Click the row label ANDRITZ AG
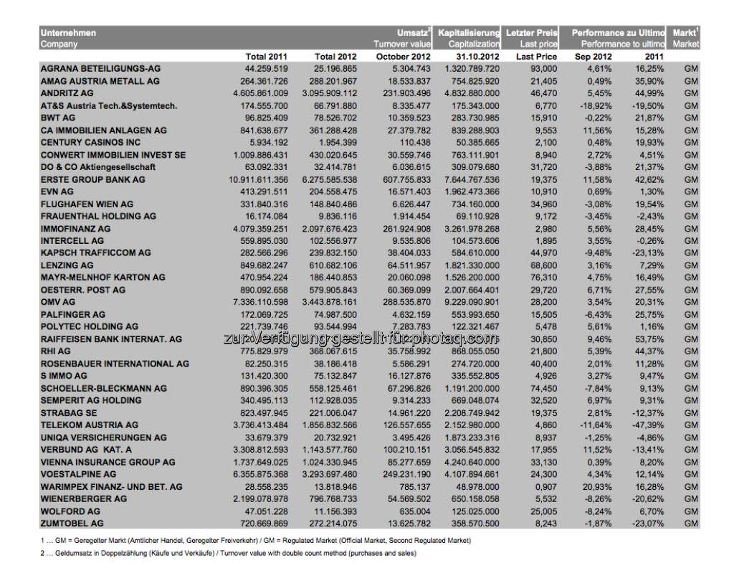coord(67,93)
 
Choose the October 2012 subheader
coord(406,56)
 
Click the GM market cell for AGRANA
coord(691,69)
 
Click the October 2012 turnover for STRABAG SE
coord(406,412)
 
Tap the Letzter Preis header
coord(532,33)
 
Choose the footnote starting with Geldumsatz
coord(229,553)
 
